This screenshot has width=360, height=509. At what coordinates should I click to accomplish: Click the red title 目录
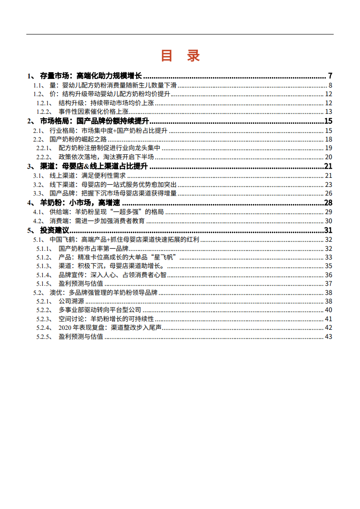tap(180, 56)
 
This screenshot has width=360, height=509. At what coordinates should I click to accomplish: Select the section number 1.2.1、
tap(44, 103)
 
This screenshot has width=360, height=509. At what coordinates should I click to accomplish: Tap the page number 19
tap(329, 148)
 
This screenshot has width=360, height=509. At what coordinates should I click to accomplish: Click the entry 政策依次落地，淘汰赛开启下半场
tap(106, 157)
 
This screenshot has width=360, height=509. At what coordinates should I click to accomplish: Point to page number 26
tap(329, 193)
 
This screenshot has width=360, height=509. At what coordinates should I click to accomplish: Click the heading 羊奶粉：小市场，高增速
tap(82, 203)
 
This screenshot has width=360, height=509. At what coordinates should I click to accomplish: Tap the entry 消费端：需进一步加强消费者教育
tap(97, 221)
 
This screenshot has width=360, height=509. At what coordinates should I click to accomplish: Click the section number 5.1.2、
tap(44, 257)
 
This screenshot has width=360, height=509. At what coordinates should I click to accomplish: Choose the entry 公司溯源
tap(71, 301)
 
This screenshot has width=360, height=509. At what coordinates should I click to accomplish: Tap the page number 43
tap(329, 337)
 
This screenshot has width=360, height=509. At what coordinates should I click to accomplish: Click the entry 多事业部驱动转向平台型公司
tap(100, 310)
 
